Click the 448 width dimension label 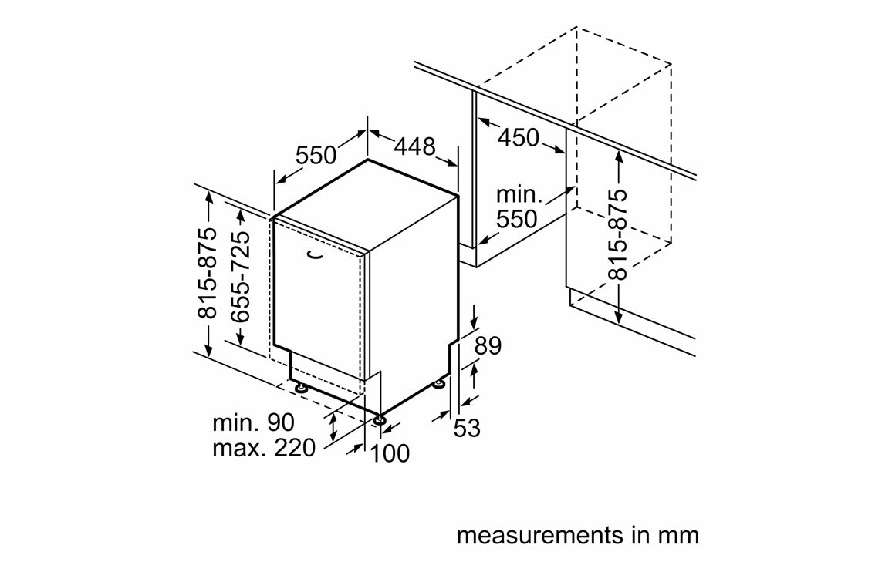tap(416, 146)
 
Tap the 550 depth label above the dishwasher tap(316, 155)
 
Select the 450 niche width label tap(518, 138)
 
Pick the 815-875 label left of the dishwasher tap(208, 273)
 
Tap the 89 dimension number tap(488, 346)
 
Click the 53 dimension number tap(466, 428)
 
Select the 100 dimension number tap(390, 453)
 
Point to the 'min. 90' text tap(254, 422)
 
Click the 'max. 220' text tap(264, 447)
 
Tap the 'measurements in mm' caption tap(577, 535)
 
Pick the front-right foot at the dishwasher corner tap(380, 421)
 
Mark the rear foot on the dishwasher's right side tap(440, 383)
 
